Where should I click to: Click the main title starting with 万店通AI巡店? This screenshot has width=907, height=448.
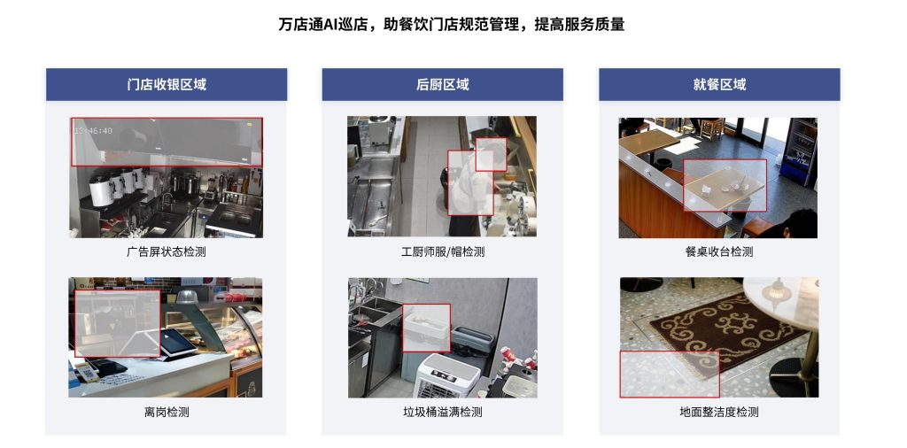tap(451, 24)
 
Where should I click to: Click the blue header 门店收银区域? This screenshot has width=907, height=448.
tap(167, 84)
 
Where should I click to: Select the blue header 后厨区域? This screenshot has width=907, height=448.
tap(443, 84)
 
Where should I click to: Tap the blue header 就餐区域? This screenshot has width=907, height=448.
tap(719, 84)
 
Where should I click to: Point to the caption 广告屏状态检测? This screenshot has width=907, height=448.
tap(167, 252)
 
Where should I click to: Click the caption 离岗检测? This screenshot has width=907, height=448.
tap(167, 413)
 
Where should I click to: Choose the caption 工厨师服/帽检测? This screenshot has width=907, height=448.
tap(443, 252)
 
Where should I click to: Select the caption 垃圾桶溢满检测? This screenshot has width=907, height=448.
tap(443, 413)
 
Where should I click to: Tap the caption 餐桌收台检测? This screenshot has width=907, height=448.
tap(719, 252)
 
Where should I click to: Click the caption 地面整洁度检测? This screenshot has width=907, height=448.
tap(719, 413)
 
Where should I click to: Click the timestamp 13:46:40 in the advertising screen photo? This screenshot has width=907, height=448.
tap(93, 131)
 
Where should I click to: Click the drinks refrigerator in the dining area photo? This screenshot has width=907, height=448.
tap(799, 151)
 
